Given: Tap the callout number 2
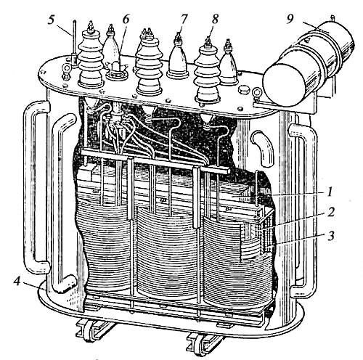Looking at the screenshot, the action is coord(330,212).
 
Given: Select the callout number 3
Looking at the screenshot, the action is coord(330,235).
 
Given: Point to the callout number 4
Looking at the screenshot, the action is coord(17,282).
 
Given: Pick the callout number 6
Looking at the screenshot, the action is coord(126,20).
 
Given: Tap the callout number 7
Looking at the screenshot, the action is coord(184,19).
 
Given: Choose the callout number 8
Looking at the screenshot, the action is coord(215,19).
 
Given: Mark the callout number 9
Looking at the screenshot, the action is coord(290,20).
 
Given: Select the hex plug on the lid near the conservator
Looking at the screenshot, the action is coord(242,90).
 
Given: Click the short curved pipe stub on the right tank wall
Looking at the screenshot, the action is coord(264,148).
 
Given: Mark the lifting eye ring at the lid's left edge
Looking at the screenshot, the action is coord(66,70).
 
